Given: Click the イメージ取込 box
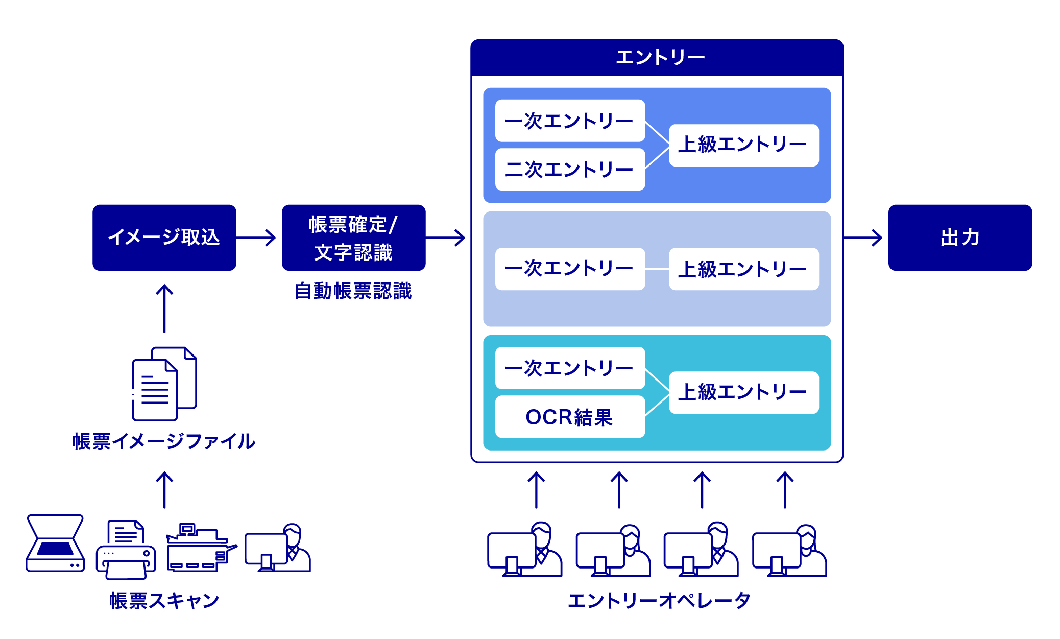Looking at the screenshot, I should click(x=164, y=238).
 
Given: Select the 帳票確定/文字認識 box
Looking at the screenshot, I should click(x=353, y=238).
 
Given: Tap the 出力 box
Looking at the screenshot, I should click(x=959, y=238).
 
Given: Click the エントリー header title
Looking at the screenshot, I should click(x=660, y=57).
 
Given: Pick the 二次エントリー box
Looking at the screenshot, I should click(x=570, y=170).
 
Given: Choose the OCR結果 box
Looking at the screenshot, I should click(x=570, y=417).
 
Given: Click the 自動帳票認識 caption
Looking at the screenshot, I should click(x=353, y=291).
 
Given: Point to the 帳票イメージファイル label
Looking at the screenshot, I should click(x=164, y=441).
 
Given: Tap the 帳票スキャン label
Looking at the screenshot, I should click(x=164, y=601).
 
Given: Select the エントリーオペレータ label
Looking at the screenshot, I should click(x=659, y=601).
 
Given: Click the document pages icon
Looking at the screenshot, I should click(x=164, y=384).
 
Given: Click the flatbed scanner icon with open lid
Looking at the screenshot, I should click(x=55, y=543).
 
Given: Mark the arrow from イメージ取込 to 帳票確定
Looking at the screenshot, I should click(x=256, y=238).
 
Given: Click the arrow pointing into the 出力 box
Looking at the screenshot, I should click(x=863, y=238).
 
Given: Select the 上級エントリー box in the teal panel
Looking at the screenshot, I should click(x=743, y=392).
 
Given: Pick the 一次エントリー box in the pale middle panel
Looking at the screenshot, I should click(x=570, y=269).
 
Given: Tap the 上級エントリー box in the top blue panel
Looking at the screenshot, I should click(x=743, y=145).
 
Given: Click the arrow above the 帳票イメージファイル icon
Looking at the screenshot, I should click(x=164, y=309).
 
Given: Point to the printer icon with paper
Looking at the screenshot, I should click(x=126, y=550).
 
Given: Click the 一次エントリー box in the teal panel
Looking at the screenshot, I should click(x=570, y=368).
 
